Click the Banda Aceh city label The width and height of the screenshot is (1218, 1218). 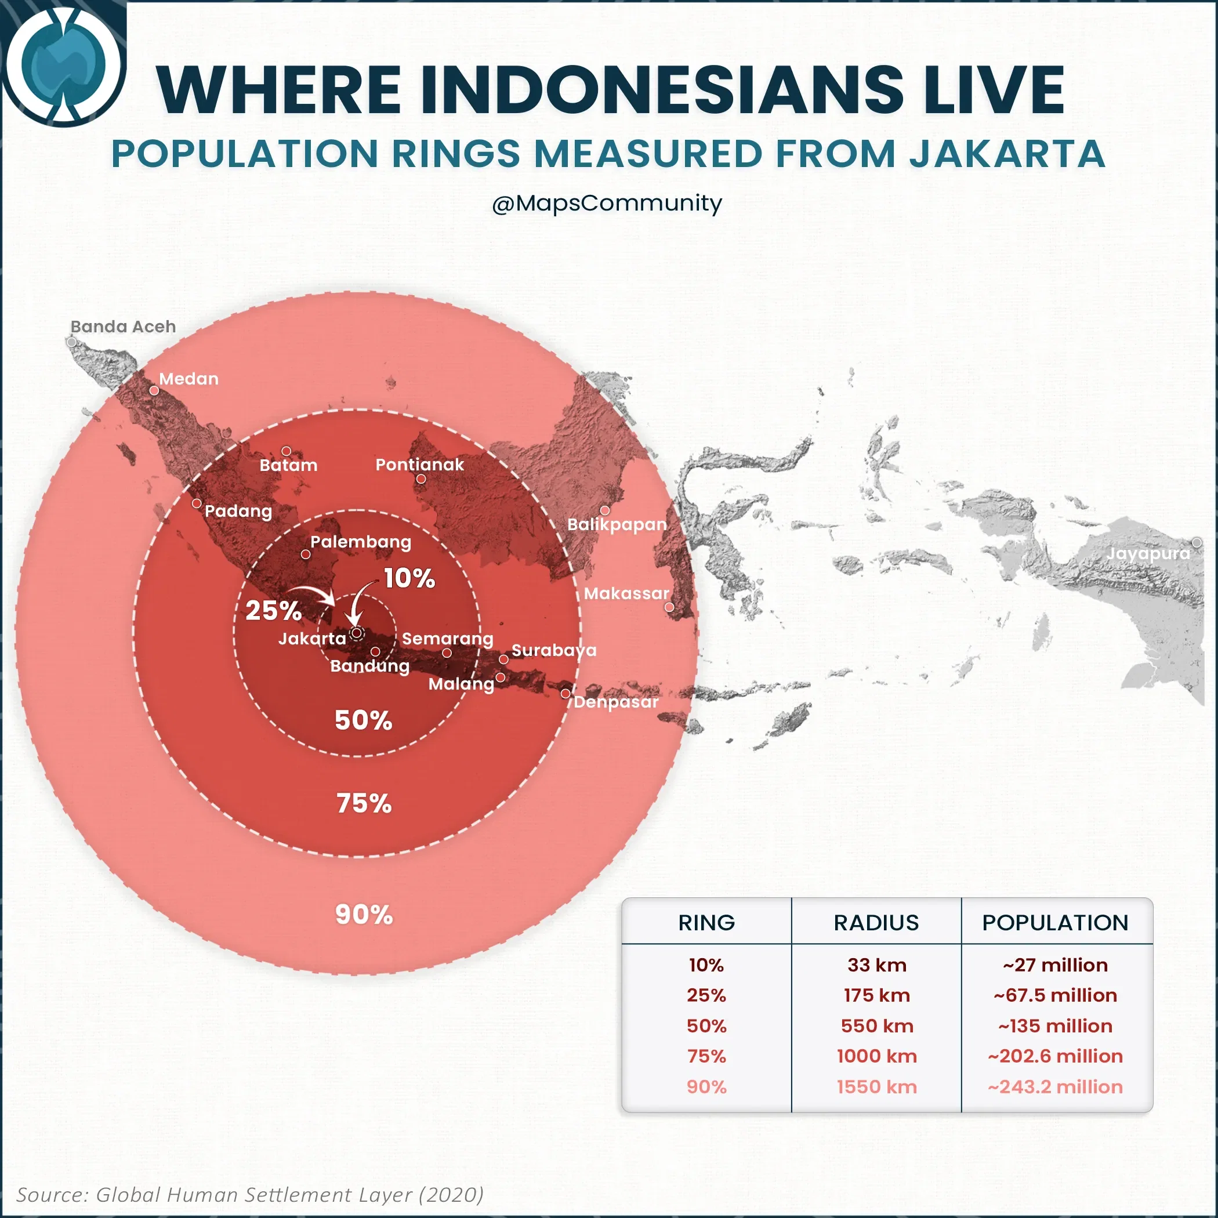click(123, 327)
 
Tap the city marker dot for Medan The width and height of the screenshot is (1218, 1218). click(154, 390)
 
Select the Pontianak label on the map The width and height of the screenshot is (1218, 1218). click(419, 465)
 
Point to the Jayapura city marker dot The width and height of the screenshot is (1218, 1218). click(1197, 543)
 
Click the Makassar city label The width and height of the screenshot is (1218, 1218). click(626, 593)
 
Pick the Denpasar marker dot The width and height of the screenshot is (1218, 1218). click(566, 694)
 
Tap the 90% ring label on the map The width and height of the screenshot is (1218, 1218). click(364, 915)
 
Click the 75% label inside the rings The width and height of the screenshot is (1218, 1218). click(364, 804)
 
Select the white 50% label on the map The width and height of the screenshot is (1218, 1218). click(363, 720)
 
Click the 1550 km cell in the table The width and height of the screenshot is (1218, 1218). click(876, 1087)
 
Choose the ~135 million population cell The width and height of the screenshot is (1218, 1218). click(1056, 1025)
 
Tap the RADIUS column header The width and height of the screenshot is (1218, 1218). click(876, 922)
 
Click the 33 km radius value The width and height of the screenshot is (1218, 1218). click(876, 965)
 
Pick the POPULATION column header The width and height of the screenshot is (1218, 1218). click(1056, 922)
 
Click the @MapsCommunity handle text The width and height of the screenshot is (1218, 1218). click(607, 203)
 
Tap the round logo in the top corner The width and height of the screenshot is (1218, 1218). click(63, 63)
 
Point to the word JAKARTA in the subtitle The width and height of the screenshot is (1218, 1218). click(1007, 154)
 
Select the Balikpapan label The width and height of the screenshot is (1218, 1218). click(617, 524)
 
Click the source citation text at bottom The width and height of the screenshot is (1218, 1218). click(249, 1195)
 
